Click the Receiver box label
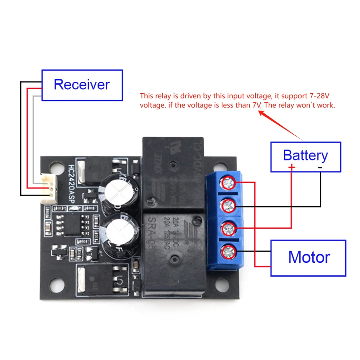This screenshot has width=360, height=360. tap(82, 85)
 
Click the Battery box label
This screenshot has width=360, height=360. tap(305, 156)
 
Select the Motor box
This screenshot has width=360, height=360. tap(309, 257)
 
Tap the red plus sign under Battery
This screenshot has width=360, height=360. tap(292, 167)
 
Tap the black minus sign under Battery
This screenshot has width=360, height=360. tap(320, 167)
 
